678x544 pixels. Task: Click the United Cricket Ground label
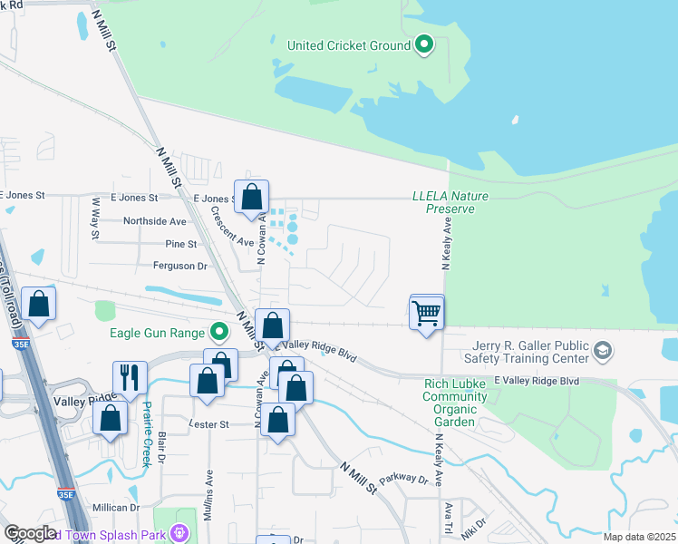tap(349, 44)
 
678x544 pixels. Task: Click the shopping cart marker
tap(427, 313)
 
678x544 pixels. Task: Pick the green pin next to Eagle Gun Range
tap(218, 333)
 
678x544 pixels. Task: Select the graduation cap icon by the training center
tap(602, 350)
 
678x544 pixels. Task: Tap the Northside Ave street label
tap(154, 221)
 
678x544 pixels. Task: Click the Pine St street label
tap(180, 244)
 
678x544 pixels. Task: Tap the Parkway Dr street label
tap(402, 479)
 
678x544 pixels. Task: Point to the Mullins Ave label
tap(209, 486)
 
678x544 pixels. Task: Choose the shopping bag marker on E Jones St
tap(251, 197)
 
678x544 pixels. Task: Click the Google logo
tap(30, 533)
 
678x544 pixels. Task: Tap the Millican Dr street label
tap(114, 508)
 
